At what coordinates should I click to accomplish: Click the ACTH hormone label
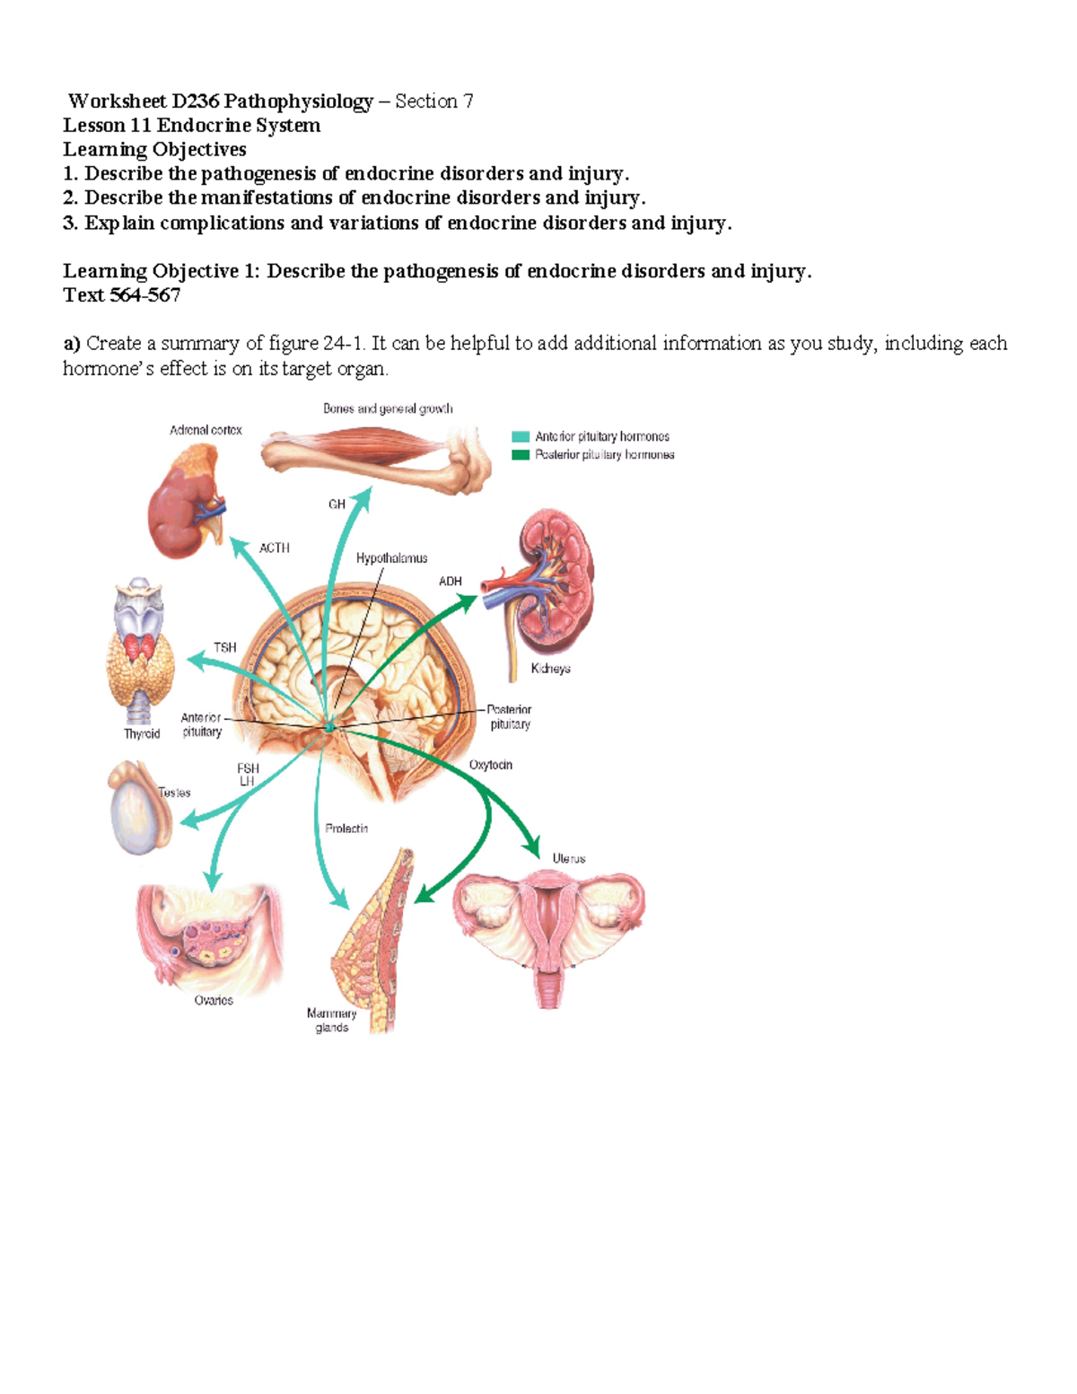click(274, 548)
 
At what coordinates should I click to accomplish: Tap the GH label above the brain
click(337, 504)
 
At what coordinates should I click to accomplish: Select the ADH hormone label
click(450, 582)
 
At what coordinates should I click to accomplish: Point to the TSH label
click(225, 647)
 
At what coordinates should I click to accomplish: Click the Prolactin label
click(346, 829)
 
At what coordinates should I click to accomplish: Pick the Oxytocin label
click(490, 765)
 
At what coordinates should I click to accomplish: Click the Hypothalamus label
click(391, 558)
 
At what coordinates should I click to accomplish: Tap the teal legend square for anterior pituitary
click(521, 436)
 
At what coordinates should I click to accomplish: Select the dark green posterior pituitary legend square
click(521, 455)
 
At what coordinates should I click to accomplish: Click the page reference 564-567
click(144, 295)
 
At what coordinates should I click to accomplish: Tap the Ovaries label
click(214, 1000)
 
